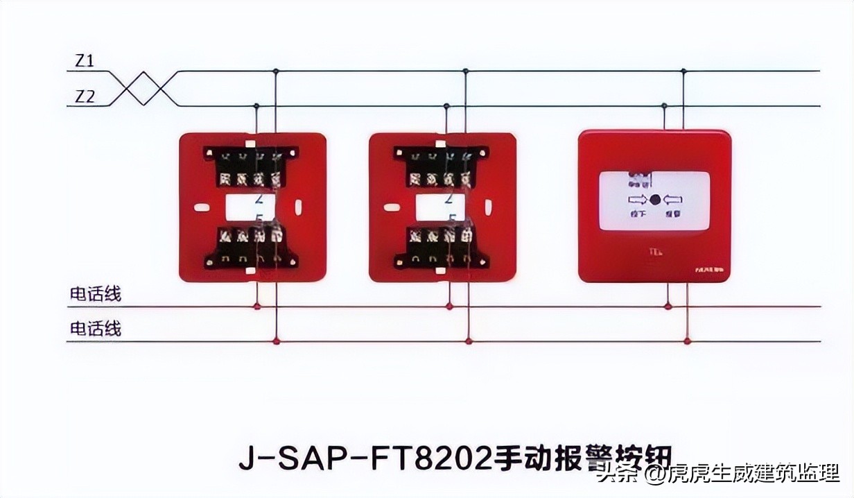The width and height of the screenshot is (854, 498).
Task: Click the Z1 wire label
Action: coord(85,61)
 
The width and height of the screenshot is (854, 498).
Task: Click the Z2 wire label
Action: coord(85,97)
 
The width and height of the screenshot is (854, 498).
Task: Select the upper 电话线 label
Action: coord(95,294)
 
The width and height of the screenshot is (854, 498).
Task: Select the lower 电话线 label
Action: coord(95,328)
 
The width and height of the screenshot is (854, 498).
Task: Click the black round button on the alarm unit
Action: coord(655,200)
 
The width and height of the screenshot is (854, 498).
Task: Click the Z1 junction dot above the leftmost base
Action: coord(276,71)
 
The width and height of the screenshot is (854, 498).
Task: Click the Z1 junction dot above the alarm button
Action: coord(683,71)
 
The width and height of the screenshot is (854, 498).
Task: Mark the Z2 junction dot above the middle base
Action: coord(446,106)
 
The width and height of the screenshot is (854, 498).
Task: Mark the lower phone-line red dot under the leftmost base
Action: coord(277,341)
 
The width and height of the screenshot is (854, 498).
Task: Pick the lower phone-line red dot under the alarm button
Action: coord(687,341)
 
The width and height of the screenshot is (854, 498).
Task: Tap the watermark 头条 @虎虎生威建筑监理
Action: coord(717,475)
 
